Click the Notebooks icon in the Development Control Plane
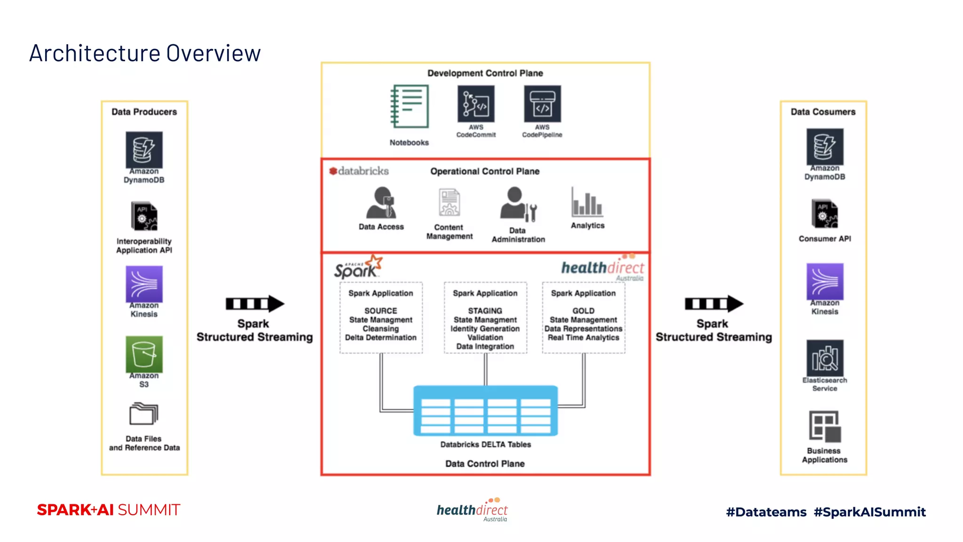(x=410, y=107)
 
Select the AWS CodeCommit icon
(x=476, y=104)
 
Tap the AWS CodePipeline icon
(x=542, y=104)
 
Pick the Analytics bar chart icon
(x=587, y=202)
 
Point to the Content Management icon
(x=449, y=202)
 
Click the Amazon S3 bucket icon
(x=144, y=354)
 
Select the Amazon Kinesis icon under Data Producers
(x=144, y=284)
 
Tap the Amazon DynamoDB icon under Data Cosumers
(x=825, y=146)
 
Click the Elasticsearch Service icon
(x=825, y=358)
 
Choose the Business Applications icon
(x=825, y=426)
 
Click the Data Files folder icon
(x=144, y=414)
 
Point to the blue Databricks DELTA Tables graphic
(x=485, y=411)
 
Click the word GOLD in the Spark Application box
(x=583, y=311)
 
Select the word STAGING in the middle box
(x=485, y=311)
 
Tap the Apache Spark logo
(x=357, y=268)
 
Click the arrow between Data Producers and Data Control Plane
(x=254, y=304)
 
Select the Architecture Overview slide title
(x=145, y=53)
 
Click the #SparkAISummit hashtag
(x=869, y=512)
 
